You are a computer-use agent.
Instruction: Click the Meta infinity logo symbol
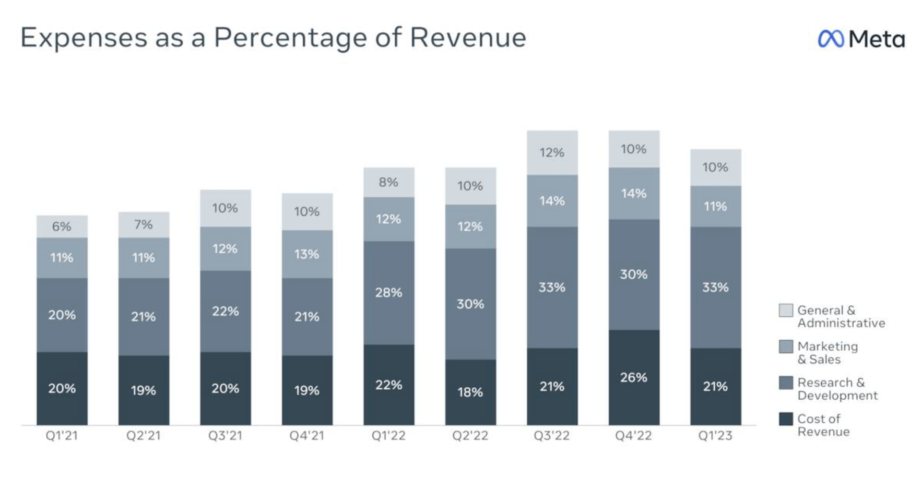[830, 39]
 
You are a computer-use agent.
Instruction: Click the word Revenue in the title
[468, 38]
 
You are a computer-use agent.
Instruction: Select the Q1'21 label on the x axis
[62, 435]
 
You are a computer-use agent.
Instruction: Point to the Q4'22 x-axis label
[633, 435]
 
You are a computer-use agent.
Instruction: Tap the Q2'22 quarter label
[470, 435]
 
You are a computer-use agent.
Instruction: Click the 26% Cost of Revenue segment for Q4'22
[634, 377]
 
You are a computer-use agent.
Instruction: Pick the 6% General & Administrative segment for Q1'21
[62, 226]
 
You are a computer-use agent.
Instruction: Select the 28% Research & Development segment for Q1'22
[389, 292]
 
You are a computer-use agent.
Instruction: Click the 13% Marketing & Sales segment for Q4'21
[307, 254]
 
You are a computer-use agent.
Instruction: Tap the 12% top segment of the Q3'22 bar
[552, 152]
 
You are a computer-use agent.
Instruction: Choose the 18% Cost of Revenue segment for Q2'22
[470, 392]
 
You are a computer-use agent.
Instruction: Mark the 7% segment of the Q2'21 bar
[144, 225]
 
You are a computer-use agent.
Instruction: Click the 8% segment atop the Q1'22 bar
[389, 182]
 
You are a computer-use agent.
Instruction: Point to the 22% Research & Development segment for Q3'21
[226, 311]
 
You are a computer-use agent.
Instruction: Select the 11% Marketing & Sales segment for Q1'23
[715, 206]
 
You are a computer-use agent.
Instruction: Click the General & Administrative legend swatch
[786, 311]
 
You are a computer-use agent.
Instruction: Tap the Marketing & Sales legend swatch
[786, 347]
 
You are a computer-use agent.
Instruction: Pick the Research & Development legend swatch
[786, 383]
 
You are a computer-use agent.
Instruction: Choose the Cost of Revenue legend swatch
[786, 419]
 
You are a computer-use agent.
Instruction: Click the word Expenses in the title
[84, 38]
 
